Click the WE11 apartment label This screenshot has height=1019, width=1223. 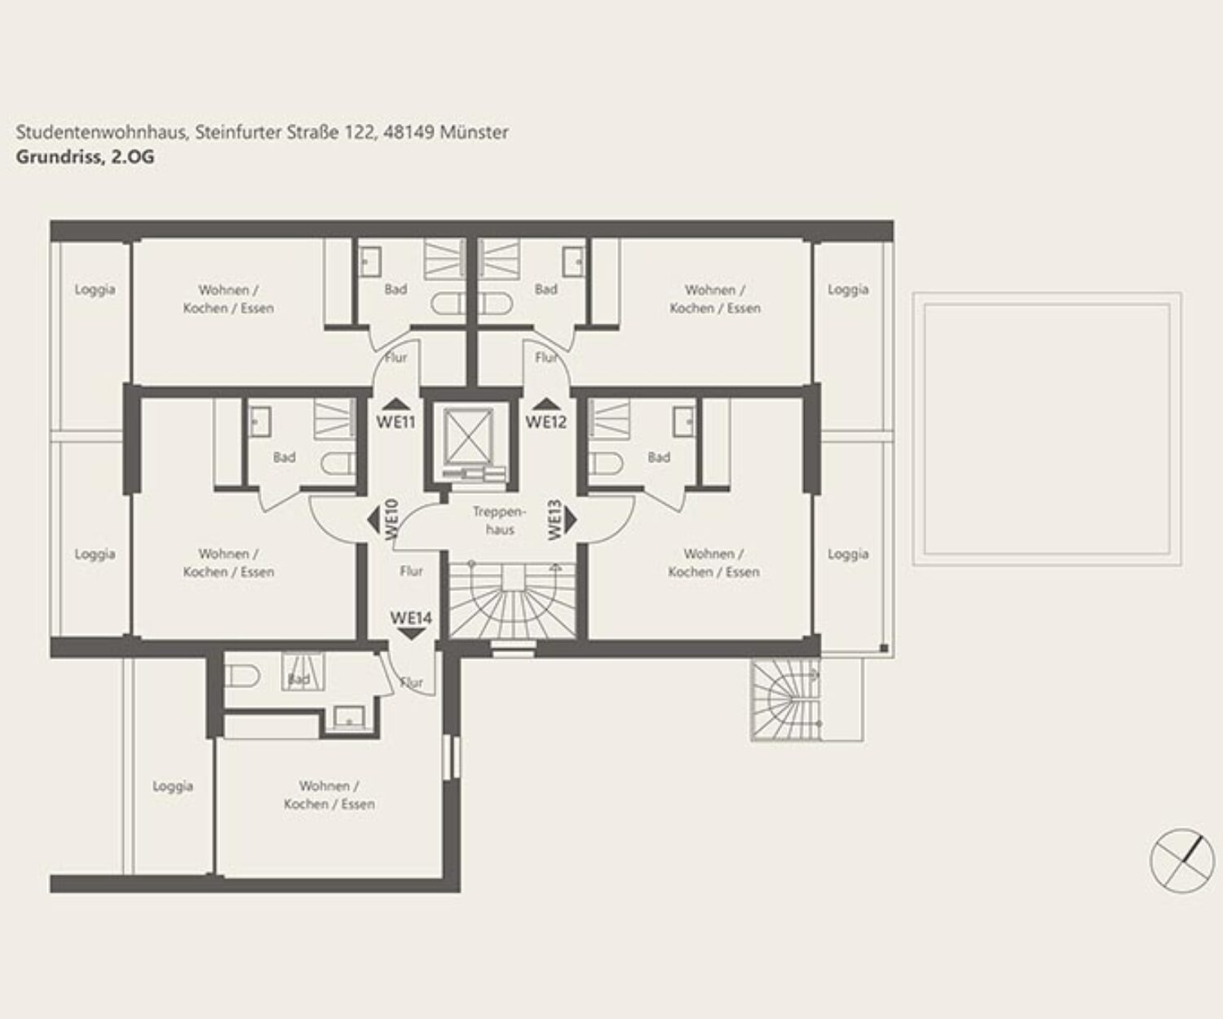396,421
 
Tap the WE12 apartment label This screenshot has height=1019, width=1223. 546,421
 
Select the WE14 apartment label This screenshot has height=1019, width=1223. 411,617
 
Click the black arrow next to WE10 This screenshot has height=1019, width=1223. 373,519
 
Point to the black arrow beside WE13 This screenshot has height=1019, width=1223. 571,519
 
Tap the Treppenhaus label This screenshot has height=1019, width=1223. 500,521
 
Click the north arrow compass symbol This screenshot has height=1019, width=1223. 1182,860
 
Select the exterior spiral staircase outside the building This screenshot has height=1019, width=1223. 786,700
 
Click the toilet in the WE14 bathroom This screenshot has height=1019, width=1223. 242,677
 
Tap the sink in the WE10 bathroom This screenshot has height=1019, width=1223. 260,421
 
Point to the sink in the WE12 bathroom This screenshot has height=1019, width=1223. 573,261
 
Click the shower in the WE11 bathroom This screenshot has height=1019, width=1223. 444,258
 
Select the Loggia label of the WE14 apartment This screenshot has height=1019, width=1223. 173,786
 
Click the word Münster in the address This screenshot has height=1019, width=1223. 474,132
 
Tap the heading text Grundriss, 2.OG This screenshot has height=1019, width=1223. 86,157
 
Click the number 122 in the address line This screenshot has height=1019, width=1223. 359,132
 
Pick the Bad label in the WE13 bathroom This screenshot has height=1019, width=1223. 659,457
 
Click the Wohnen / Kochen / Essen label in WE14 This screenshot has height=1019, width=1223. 329,795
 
